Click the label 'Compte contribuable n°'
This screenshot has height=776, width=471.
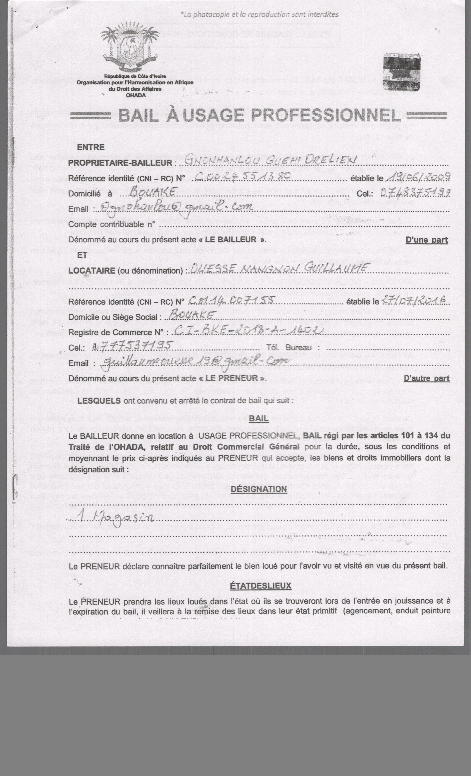(112, 224)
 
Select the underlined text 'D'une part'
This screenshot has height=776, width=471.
(427, 240)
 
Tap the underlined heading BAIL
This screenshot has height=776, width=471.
(258, 418)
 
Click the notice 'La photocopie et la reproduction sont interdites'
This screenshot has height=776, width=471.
(260, 14)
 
